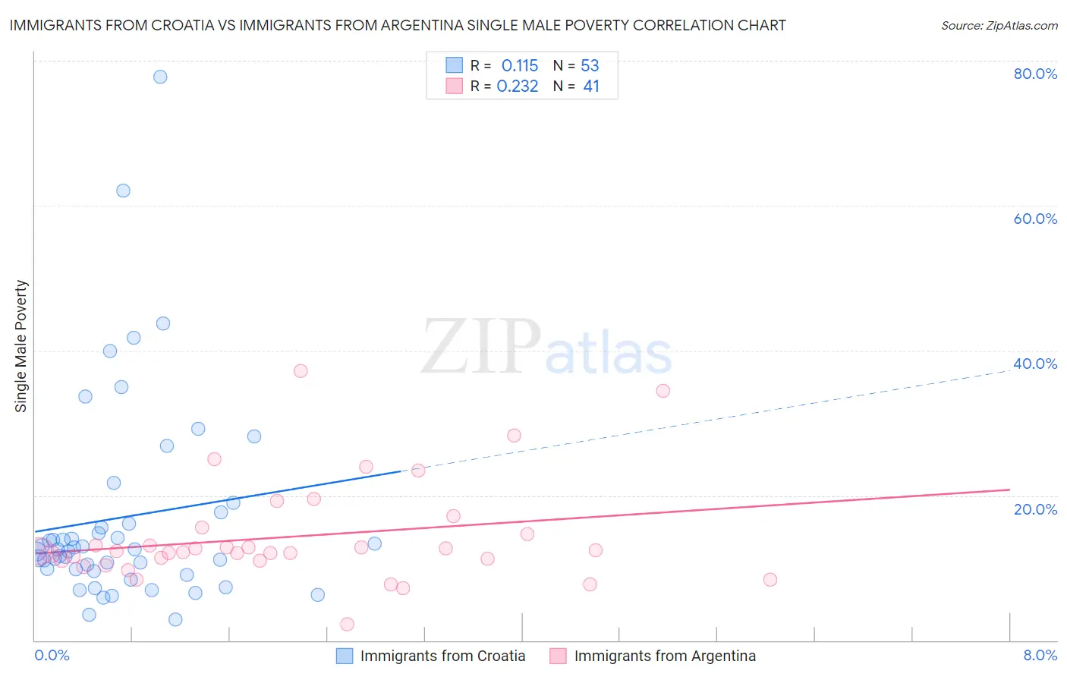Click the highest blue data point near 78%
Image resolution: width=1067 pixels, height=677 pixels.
[x=160, y=77]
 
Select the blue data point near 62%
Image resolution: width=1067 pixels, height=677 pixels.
[x=123, y=191]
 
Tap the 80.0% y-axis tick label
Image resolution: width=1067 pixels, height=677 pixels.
[x=1035, y=74]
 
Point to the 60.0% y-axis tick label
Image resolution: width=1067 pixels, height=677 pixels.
[x=1035, y=219]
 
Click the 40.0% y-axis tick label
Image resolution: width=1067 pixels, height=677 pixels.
[x=1035, y=364]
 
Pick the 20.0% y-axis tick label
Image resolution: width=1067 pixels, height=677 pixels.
[x=1035, y=509]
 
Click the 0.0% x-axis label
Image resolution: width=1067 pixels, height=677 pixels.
[x=52, y=655]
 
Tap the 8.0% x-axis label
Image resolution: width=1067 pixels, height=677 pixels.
[x=1040, y=655]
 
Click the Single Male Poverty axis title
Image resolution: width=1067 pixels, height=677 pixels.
[x=21, y=346]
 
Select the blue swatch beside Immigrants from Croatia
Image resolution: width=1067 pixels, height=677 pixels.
[x=345, y=656]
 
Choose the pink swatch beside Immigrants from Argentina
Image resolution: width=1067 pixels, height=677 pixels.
[x=558, y=656]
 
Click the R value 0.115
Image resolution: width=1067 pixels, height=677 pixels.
[x=520, y=66]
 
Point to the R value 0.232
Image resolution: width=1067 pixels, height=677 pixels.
[x=518, y=87]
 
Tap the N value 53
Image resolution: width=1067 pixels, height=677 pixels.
[x=590, y=66]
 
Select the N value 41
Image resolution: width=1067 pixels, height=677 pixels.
[x=591, y=87]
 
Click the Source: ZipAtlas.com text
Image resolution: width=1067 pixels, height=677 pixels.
[x=999, y=26]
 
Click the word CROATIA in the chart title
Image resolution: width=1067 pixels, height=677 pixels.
[x=209, y=25]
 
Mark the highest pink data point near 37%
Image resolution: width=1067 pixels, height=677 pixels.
[x=301, y=371]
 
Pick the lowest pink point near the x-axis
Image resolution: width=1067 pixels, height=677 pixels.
[x=347, y=624]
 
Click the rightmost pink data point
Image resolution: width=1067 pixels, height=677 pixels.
[x=770, y=580]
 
